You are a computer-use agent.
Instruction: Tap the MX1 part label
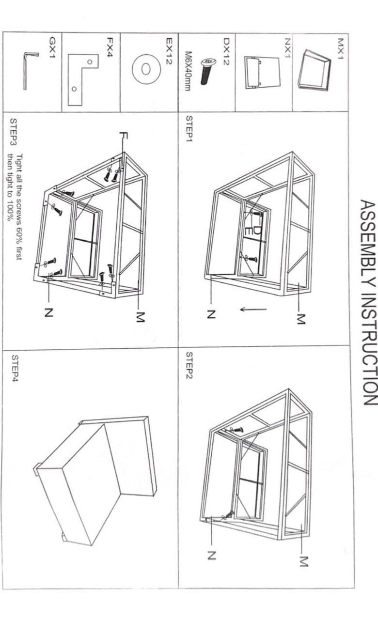tap(340, 49)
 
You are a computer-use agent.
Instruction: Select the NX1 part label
tap(287, 48)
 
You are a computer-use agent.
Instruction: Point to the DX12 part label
tap(226, 52)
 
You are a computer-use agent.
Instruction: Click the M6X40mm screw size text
tap(188, 71)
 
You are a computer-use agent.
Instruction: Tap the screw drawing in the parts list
tap(207, 71)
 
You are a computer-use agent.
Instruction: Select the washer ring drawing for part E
tap(146, 69)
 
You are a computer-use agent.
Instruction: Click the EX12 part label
tap(169, 51)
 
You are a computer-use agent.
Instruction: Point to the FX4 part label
tap(110, 47)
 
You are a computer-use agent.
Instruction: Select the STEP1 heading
tap(189, 128)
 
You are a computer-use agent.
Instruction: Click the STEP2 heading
tap(189, 365)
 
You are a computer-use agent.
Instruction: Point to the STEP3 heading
tap(13, 132)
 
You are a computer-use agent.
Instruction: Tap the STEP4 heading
tap(15, 369)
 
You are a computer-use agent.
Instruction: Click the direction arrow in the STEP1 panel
tap(253, 309)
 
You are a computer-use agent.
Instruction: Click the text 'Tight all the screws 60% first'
tap(19, 207)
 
